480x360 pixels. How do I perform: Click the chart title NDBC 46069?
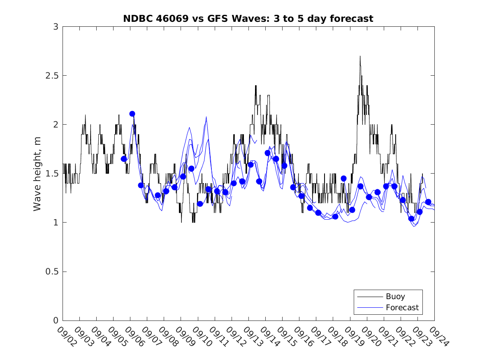248,19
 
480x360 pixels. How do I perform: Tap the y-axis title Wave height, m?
37,174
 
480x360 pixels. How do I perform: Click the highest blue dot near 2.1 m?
132,114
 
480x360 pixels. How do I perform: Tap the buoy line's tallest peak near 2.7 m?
360,56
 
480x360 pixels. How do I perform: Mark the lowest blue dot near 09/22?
411,218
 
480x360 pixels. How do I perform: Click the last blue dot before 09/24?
428,202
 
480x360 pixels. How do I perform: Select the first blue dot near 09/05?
124,158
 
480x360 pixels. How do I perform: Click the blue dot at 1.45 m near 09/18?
343,178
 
